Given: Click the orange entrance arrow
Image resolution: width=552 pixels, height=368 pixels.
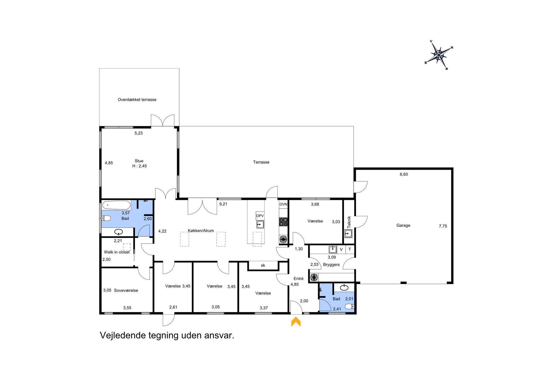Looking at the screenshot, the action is (x=296, y=322).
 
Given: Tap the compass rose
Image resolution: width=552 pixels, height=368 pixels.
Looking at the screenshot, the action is (x=439, y=55).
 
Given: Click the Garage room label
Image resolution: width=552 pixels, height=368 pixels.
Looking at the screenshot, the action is (x=403, y=225).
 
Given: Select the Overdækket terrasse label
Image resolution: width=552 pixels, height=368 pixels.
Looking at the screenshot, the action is (x=137, y=100).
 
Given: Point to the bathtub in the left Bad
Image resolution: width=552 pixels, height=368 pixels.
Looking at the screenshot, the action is (x=116, y=205).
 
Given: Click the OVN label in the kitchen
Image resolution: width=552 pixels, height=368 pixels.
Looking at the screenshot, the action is (x=283, y=204).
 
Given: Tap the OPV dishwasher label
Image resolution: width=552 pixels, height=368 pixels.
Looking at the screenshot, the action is (x=260, y=216).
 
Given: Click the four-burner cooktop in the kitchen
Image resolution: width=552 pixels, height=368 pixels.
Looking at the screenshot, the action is (x=283, y=222).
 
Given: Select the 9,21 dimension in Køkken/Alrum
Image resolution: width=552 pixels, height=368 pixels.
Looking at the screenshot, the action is (x=223, y=204).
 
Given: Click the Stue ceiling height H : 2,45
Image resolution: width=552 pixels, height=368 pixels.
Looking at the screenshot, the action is (x=139, y=166).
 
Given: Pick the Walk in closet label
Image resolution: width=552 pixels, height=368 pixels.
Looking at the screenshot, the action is (x=117, y=252).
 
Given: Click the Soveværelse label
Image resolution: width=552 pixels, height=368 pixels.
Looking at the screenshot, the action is (x=126, y=290).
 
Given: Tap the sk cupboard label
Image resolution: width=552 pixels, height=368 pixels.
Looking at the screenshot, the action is (x=263, y=265).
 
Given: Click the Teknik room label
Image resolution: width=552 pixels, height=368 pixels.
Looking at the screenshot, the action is (x=349, y=222).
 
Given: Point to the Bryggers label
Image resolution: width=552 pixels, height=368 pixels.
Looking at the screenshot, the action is (x=331, y=265).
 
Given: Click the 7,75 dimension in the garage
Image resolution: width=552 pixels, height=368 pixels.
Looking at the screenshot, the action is (x=443, y=226).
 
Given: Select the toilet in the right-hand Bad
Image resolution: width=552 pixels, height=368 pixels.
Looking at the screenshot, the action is (x=349, y=307).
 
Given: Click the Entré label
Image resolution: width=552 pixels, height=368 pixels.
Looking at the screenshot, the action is (x=298, y=278).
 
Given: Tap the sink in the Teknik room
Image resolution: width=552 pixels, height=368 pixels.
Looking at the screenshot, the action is (x=348, y=233).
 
